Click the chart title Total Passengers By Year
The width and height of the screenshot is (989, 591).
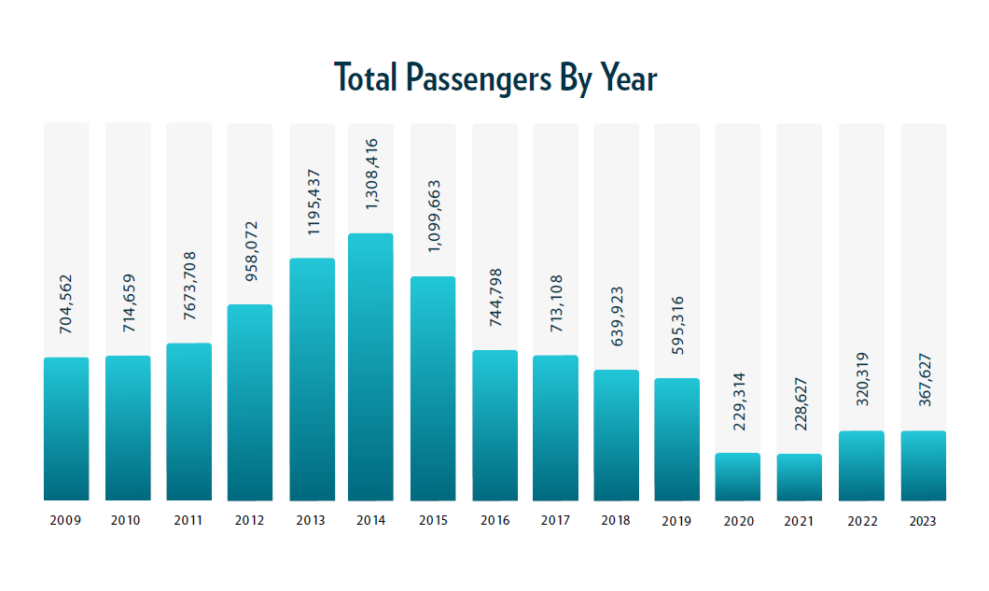pyautogui.click(x=495, y=78)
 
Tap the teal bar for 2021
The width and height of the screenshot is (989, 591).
pyautogui.click(x=800, y=477)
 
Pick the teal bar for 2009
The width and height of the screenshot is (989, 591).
pyautogui.click(x=66, y=429)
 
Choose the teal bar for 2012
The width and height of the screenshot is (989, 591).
pyautogui.click(x=250, y=402)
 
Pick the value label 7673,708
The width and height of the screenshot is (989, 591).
pyautogui.click(x=189, y=286)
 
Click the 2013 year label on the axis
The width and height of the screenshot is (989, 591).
pyautogui.click(x=311, y=520)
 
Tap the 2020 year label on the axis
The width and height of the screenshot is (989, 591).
pyautogui.click(x=739, y=521)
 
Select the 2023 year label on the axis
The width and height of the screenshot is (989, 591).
pyautogui.click(x=923, y=521)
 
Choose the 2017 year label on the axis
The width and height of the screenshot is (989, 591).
pyautogui.click(x=556, y=520)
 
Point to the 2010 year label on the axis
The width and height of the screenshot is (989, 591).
pyautogui.click(x=125, y=520)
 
